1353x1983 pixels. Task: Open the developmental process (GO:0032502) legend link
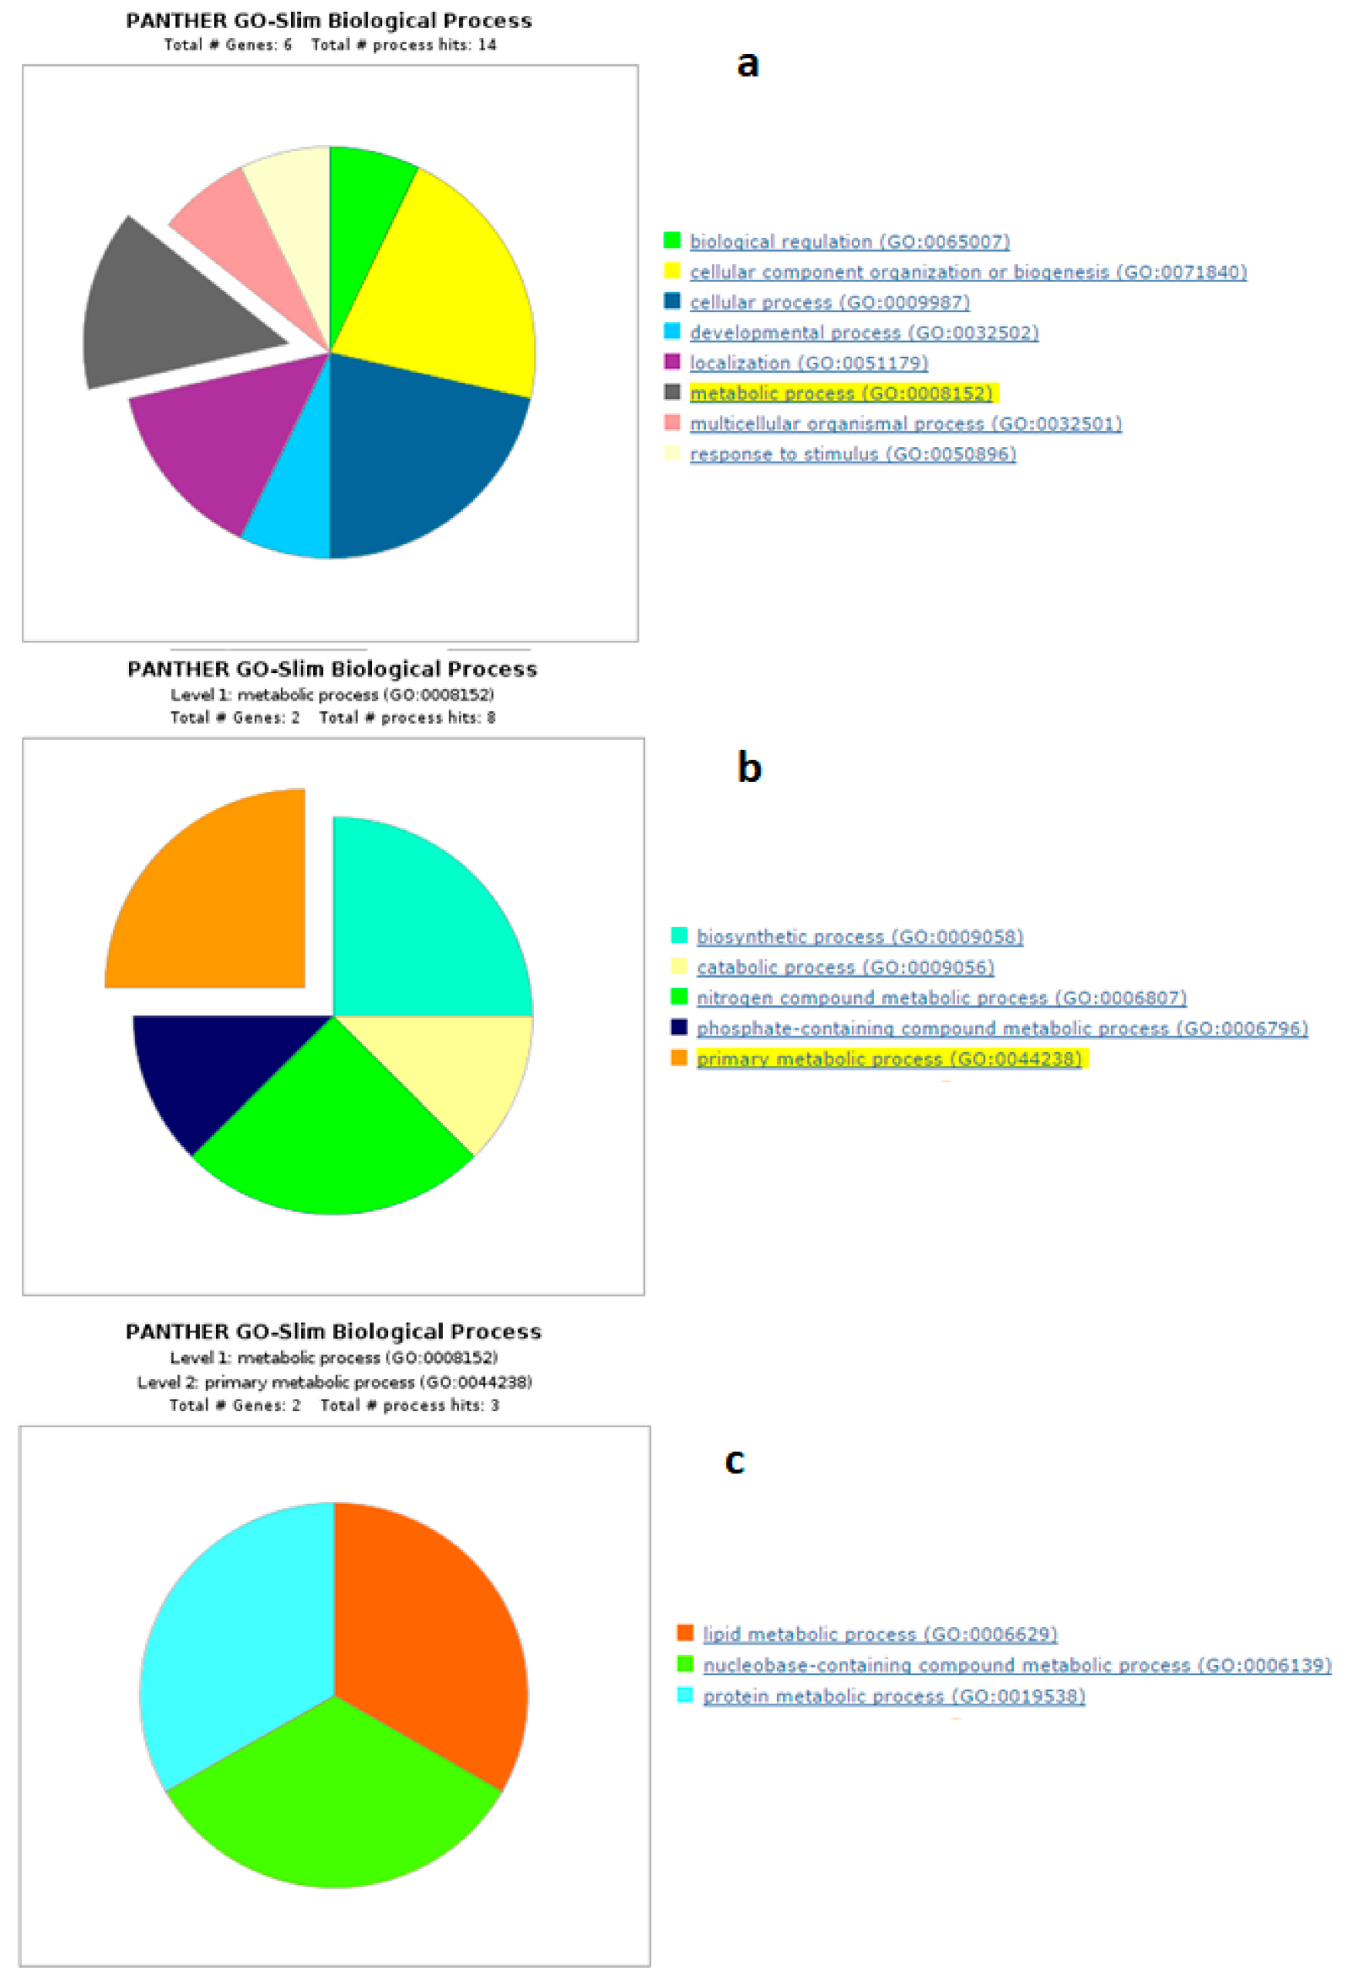click(x=863, y=333)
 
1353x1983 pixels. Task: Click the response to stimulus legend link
click(x=852, y=454)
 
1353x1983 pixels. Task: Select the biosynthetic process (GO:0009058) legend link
click(x=859, y=937)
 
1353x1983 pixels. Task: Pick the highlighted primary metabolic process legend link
click(x=888, y=1059)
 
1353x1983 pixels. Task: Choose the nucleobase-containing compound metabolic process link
click(x=1016, y=1665)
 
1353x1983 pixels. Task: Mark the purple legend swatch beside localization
click(x=672, y=363)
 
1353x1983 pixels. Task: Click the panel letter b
click(x=748, y=767)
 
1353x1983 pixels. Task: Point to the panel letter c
click(x=734, y=1460)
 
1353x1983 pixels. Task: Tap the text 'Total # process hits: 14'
click(x=403, y=45)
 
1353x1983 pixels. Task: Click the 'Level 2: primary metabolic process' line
click(x=334, y=1382)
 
